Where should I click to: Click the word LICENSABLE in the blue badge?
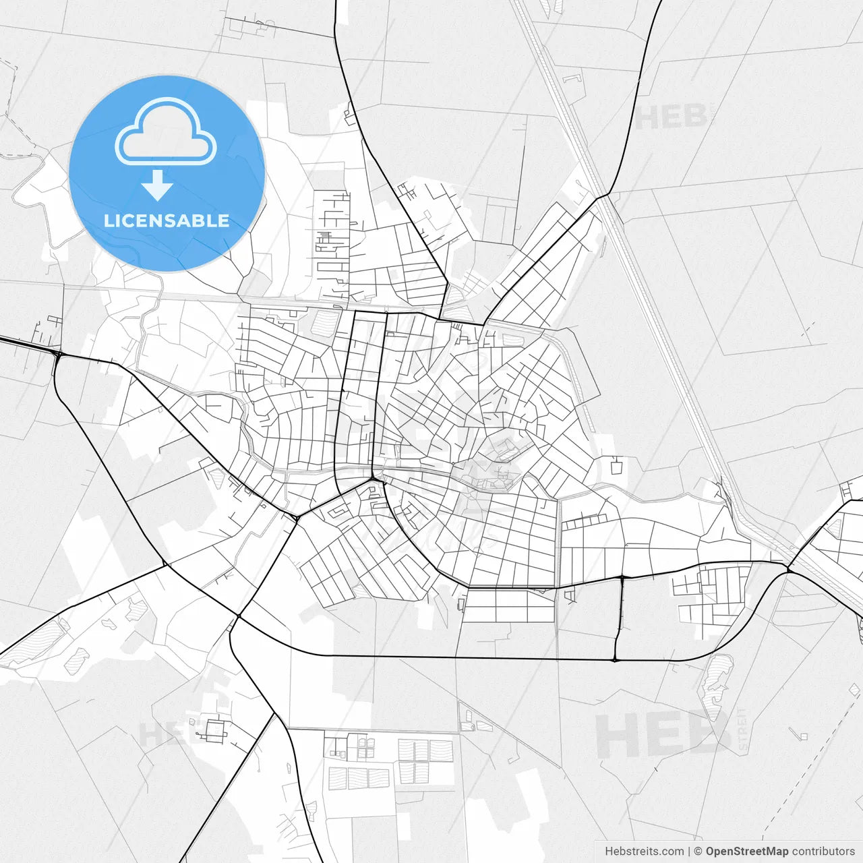pyautogui.click(x=166, y=220)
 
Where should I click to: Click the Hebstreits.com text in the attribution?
pyautogui.click(x=644, y=851)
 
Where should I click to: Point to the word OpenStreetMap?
pyautogui.click(x=746, y=851)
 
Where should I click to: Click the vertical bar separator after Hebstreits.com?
pyautogui.click(x=688, y=851)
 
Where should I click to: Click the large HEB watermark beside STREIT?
pyautogui.click(x=661, y=735)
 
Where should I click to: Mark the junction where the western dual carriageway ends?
pyautogui.click(x=58, y=353)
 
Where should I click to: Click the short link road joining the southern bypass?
pyautogui.click(x=619, y=617)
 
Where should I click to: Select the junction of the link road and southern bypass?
pyautogui.click(x=615, y=659)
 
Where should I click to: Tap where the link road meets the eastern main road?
pyautogui.click(x=622, y=577)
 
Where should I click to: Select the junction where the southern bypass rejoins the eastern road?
pyautogui.click(x=787, y=571)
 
